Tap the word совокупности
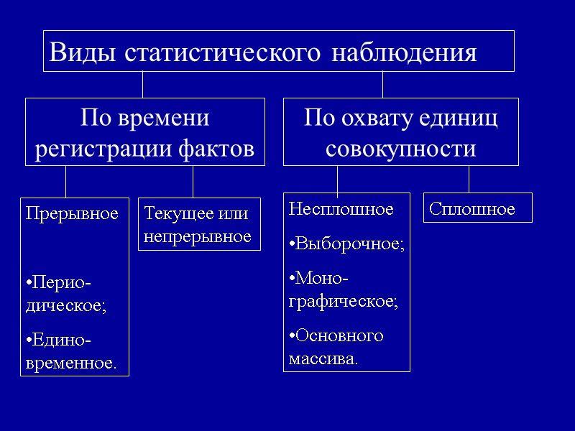[400, 149]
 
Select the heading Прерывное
[72, 214]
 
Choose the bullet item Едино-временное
[70, 351]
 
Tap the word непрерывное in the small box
[197, 236]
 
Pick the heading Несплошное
[341, 209]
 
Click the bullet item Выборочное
[347, 244]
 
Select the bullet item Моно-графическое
[344, 289]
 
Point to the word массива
[321, 358]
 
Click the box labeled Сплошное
[477, 208]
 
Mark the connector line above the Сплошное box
[469, 179]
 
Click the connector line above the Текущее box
[193, 181]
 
